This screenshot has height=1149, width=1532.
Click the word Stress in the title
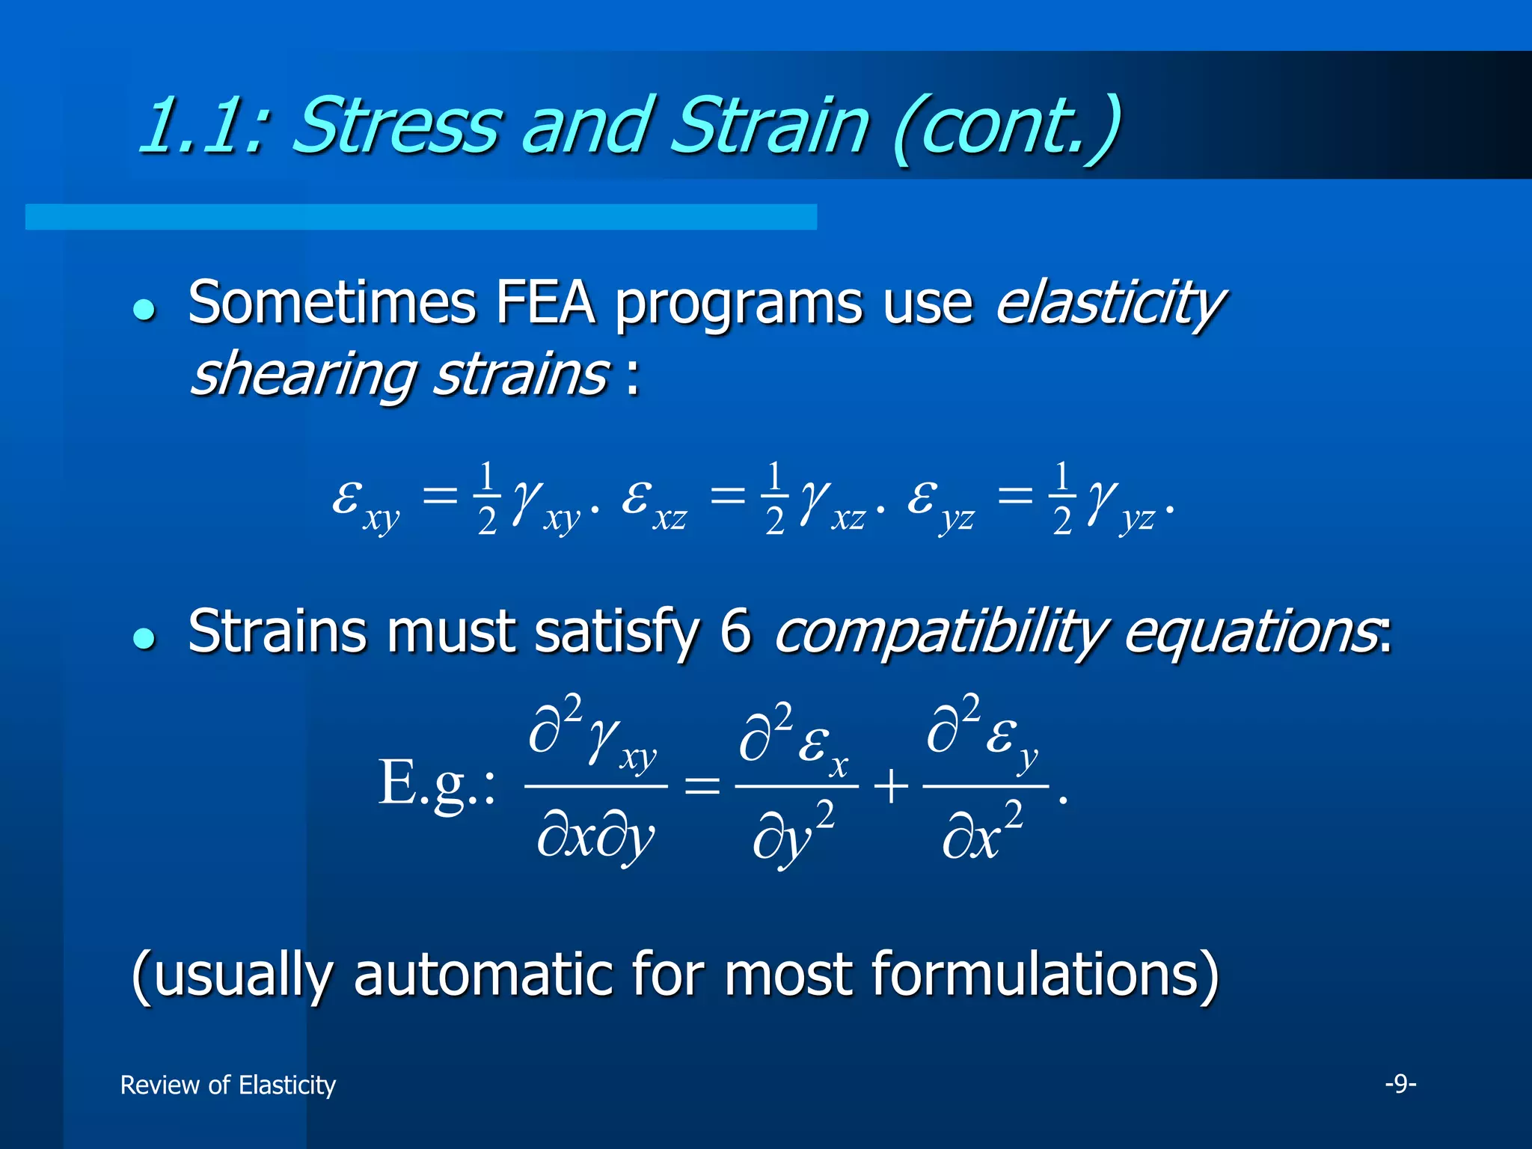click(x=394, y=126)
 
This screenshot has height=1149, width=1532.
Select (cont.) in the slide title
click(x=1006, y=127)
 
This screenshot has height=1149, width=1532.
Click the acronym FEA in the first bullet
click(x=545, y=304)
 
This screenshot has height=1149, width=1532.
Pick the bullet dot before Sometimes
click(x=144, y=309)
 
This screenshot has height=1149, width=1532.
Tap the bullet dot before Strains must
click(x=144, y=637)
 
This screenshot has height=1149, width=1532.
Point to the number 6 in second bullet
click(x=735, y=632)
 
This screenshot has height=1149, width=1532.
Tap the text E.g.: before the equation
click(x=435, y=784)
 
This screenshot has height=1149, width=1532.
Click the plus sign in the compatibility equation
click(x=890, y=787)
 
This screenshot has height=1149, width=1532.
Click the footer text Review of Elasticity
click(x=228, y=1085)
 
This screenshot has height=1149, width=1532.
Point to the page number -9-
click(x=1400, y=1083)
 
